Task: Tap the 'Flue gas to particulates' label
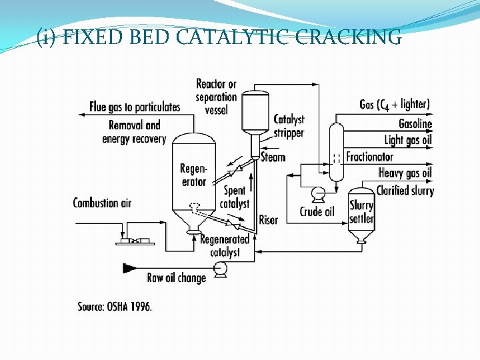point(135,107)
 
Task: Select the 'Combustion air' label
point(102,203)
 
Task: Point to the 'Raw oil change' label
point(176,277)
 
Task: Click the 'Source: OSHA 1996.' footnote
point(115,307)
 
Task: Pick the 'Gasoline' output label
point(415,123)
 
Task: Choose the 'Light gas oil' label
point(408,139)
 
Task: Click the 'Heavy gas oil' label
point(405,173)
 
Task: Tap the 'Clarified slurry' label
point(405,191)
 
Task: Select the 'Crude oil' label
point(317,212)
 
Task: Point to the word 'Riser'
point(268,219)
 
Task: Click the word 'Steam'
point(273,157)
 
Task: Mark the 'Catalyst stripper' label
point(289,125)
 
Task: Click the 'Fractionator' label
point(369,157)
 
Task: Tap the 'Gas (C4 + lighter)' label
point(395,104)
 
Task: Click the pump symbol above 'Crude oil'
point(319,195)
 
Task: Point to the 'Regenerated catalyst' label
point(225,246)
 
